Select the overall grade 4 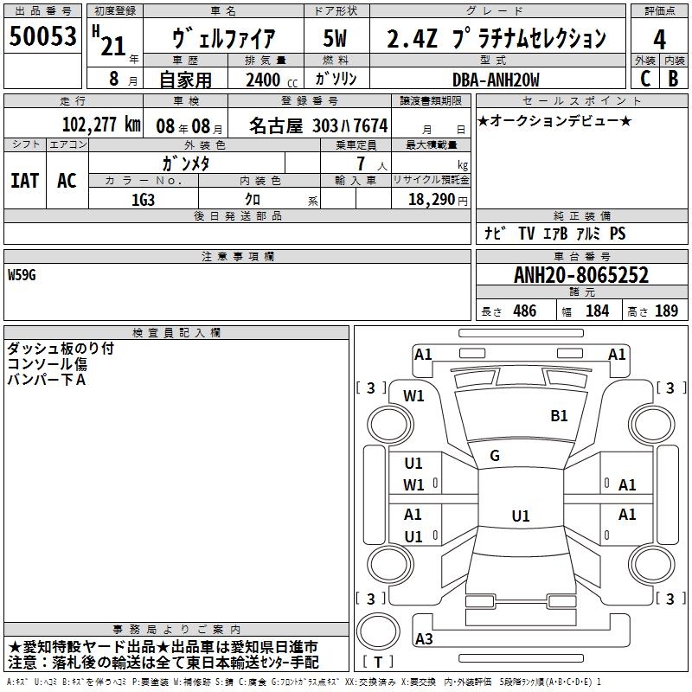coord(660,39)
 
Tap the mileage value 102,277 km coord(101,125)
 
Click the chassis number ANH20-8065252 coord(580,276)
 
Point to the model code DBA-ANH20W coord(496,80)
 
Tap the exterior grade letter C coord(644,79)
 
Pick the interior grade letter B coord(673,79)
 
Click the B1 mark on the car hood coord(559,416)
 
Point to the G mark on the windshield coord(494,455)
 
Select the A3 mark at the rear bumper coord(424,639)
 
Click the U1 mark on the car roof coord(520,516)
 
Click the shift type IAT coord(24,180)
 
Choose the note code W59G coord(23,275)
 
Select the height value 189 coord(666,311)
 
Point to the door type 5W coord(336,39)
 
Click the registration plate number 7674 coord(368,125)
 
